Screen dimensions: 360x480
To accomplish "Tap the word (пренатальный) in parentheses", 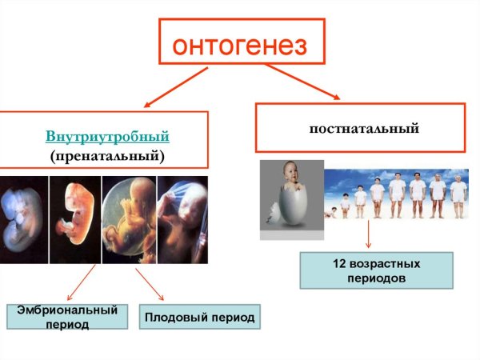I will click(x=107, y=154).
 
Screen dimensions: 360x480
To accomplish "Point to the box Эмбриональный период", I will click(x=67, y=316).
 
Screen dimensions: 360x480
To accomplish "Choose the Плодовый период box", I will click(x=199, y=318).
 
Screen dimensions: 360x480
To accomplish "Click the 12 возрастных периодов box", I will click(x=376, y=270).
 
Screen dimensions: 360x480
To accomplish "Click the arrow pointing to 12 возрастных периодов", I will click(x=369, y=234).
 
